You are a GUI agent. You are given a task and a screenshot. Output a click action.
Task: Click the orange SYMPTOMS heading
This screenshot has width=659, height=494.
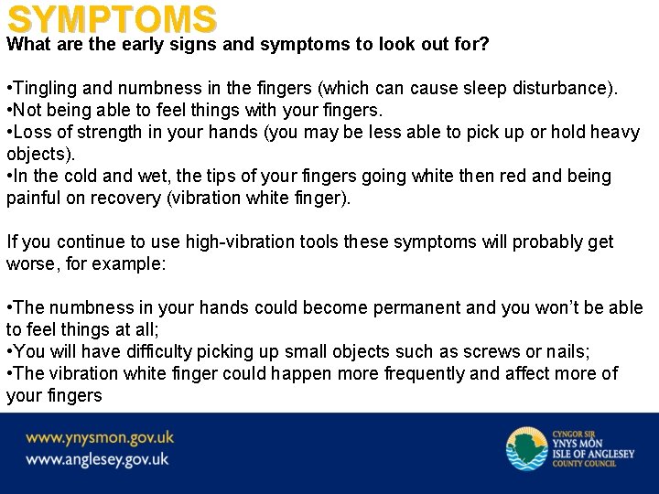(112, 19)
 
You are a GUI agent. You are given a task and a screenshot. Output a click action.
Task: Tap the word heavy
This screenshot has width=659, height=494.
(615, 133)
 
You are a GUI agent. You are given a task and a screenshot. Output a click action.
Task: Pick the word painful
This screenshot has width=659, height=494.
(32, 199)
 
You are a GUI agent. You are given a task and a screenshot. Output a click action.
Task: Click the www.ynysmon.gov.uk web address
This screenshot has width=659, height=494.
(100, 437)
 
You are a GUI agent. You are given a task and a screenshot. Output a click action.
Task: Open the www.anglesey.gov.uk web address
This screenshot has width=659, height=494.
(97, 459)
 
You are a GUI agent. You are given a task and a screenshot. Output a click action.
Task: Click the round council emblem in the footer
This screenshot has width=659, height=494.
(526, 448)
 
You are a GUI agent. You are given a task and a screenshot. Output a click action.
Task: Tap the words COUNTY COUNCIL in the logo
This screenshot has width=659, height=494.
(584, 464)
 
